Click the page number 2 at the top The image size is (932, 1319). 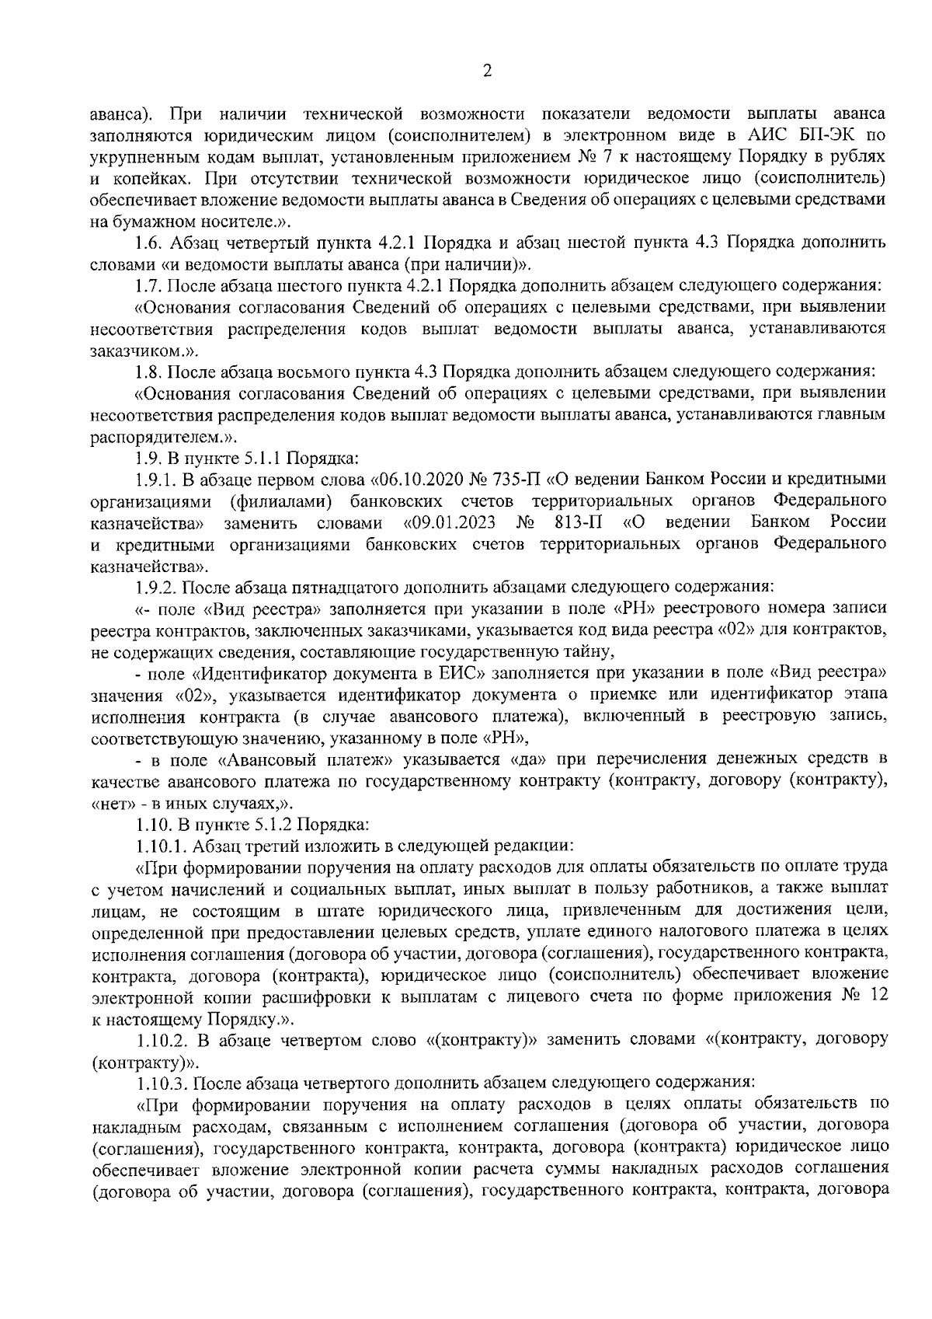(x=487, y=72)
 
